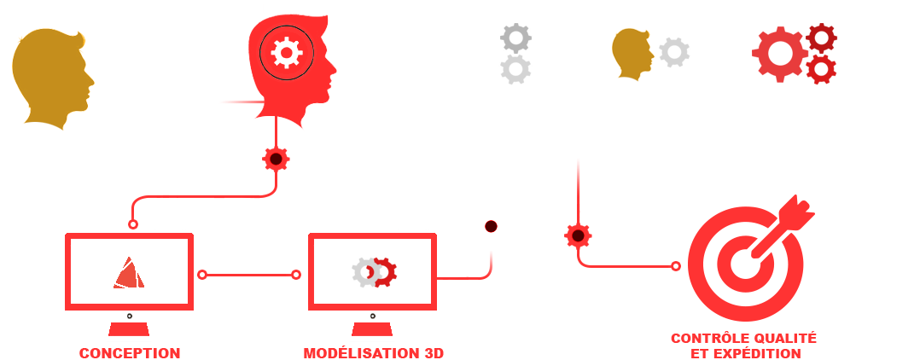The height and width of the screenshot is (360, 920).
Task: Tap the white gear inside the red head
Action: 287,53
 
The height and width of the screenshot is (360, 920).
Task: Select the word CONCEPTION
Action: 130,353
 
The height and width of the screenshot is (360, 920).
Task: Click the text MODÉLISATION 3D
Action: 373,353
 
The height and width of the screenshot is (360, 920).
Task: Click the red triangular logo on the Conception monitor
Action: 129,273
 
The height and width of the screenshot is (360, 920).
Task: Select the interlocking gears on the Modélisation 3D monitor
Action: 375,273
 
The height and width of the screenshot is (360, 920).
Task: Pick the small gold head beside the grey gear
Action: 632,54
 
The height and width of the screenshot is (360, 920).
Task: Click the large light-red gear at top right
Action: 780,54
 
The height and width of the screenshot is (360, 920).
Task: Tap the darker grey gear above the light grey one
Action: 515,38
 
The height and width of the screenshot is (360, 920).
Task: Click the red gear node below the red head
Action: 276,159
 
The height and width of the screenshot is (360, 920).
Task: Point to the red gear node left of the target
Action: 578,235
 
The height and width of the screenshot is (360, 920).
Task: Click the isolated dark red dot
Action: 491,226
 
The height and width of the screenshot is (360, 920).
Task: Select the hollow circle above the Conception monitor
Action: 133,224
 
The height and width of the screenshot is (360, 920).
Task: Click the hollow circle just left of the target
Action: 675,266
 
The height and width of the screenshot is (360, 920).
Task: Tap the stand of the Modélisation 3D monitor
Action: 372,329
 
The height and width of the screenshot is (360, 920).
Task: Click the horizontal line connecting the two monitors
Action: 249,275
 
